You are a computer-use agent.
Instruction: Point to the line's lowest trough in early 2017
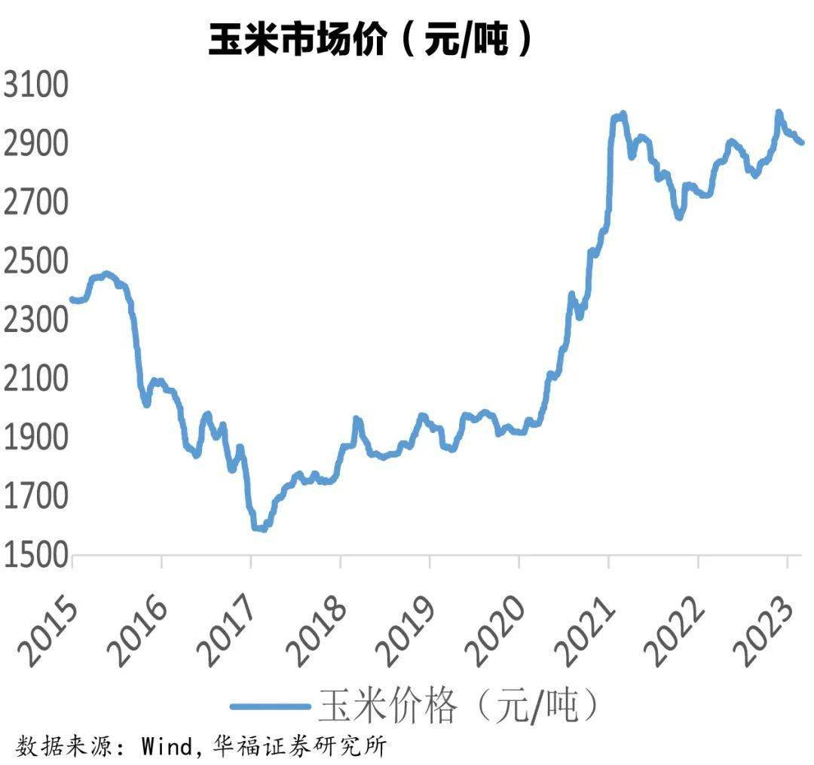[x=260, y=529]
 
